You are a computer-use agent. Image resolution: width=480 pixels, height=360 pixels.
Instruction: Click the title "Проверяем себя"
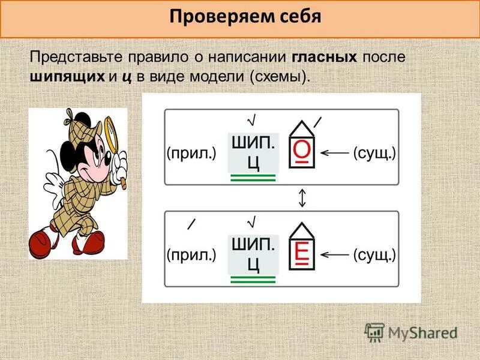pyautogui.click(x=245, y=16)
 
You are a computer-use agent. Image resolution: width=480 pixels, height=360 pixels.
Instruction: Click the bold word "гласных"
pyautogui.click(x=325, y=58)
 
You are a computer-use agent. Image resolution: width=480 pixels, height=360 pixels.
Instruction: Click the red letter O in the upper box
pyautogui.click(x=301, y=152)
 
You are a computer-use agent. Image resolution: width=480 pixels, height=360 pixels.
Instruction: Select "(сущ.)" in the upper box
pyautogui.click(x=374, y=153)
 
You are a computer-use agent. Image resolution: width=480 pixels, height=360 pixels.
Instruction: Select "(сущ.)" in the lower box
pyautogui.click(x=374, y=255)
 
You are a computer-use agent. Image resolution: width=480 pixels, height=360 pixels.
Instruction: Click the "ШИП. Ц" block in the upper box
pyautogui.click(x=253, y=152)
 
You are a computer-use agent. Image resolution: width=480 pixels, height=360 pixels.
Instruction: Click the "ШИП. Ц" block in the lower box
pyautogui.click(x=253, y=254)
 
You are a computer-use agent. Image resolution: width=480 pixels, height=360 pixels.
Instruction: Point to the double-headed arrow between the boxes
pyautogui.click(x=302, y=197)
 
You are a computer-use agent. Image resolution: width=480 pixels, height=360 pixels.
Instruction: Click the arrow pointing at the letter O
pyautogui.click(x=334, y=153)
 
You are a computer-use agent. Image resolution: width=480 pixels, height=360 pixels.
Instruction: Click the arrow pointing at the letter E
pyautogui.click(x=334, y=255)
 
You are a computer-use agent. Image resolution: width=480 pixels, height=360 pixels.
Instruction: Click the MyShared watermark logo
pyautogui.click(x=411, y=332)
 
